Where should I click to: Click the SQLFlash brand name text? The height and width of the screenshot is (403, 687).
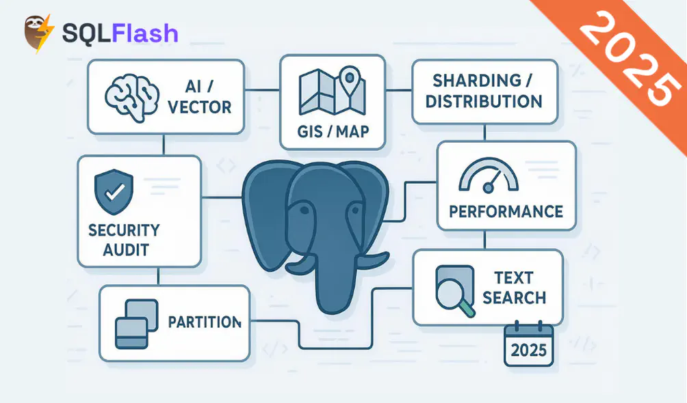coord(120,33)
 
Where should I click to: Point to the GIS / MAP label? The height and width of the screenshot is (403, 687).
coord(333,130)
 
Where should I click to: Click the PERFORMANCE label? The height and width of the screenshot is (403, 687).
coord(506,211)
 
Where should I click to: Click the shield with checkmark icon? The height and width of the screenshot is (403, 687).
coord(113,191)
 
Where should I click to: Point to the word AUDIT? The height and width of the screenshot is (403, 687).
coord(125,250)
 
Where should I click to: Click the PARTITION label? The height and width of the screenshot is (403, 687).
coord(204,322)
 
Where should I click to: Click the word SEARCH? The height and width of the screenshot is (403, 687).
coord(514,298)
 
